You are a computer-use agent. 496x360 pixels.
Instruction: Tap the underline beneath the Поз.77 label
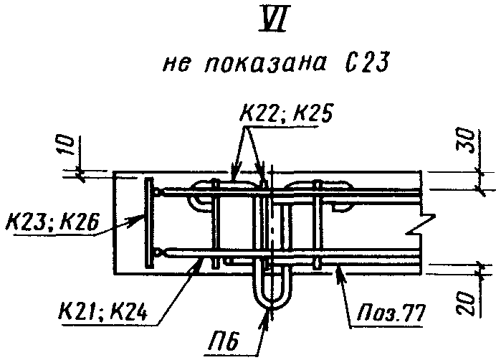[391, 324]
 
